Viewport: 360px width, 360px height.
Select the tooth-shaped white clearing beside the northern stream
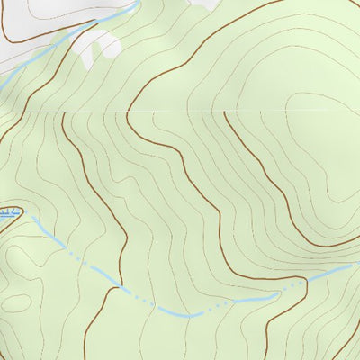(x=96, y=49)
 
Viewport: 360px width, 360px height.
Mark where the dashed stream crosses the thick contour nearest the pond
(x=120, y=287)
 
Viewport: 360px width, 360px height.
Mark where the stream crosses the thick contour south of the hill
(x=306, y=281)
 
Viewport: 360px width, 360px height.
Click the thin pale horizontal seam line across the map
(x=180, y=112)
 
